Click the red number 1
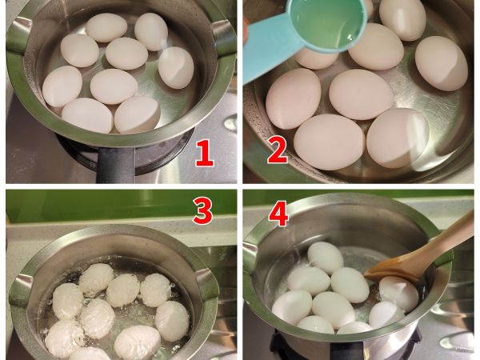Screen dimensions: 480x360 [205, 153]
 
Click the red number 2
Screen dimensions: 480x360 [278, 150]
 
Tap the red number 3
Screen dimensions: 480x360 [202, 210]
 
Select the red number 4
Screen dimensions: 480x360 [278, 213]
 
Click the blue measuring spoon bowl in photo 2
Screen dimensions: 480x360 [326, 23]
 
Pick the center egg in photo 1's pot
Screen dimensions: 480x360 [114, 86]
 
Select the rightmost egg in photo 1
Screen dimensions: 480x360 [176, 68]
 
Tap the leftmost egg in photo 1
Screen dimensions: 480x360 [62, 86]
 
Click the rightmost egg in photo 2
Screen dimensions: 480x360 [442, 63]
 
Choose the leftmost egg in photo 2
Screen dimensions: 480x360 [293, 98]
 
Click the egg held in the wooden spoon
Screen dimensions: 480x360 [398, 294]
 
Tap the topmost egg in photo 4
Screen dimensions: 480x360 [326, 258]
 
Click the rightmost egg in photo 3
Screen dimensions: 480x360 [172, 321]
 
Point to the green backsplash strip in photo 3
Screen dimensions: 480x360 [122, 206]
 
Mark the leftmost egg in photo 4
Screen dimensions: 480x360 [292, 307]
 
